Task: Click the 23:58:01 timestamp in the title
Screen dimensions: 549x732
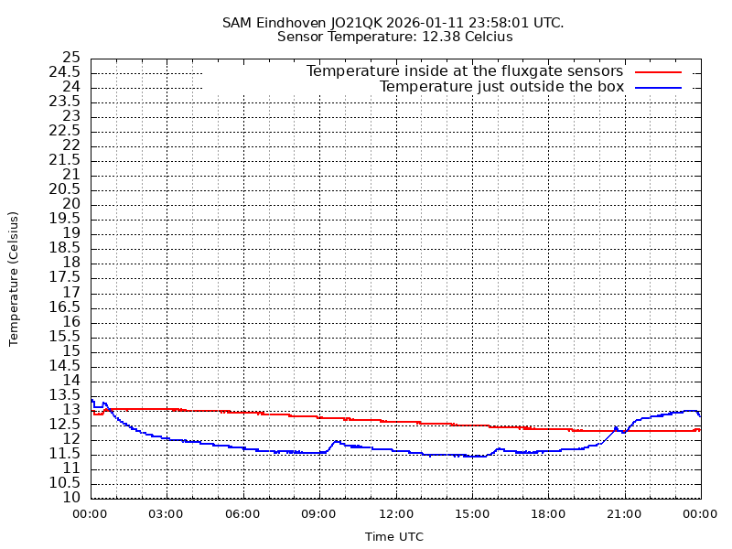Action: click(x=494, y=22)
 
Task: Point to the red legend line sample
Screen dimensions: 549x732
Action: click(x=659, y=71)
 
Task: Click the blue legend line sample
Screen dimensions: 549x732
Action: click(x=659, y=87)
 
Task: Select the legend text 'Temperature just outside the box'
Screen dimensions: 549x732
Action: click(x=501, y=87)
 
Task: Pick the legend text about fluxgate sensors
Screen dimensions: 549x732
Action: click(x=465, y=71)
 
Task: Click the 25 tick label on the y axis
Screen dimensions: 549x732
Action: click(x=71, y=58)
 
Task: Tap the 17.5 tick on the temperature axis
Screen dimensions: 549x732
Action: click(x=66, y=277)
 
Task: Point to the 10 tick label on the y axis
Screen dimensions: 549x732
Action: click(x=71, y=498)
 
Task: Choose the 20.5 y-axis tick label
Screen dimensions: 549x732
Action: click(x=66, y=189)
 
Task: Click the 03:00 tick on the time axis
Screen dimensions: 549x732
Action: click(x=166, y=514)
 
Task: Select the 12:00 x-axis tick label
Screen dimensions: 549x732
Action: click(x=395, y=514)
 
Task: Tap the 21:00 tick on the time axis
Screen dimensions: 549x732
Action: click(x=624, y=514)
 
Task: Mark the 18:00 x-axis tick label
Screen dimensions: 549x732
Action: click(x=547, y=514)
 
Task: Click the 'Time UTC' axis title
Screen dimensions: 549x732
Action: click(x=394, y=537)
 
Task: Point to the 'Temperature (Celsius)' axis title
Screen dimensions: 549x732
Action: click(x=14, y=278)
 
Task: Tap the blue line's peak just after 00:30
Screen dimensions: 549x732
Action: click(x=104, y=403)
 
